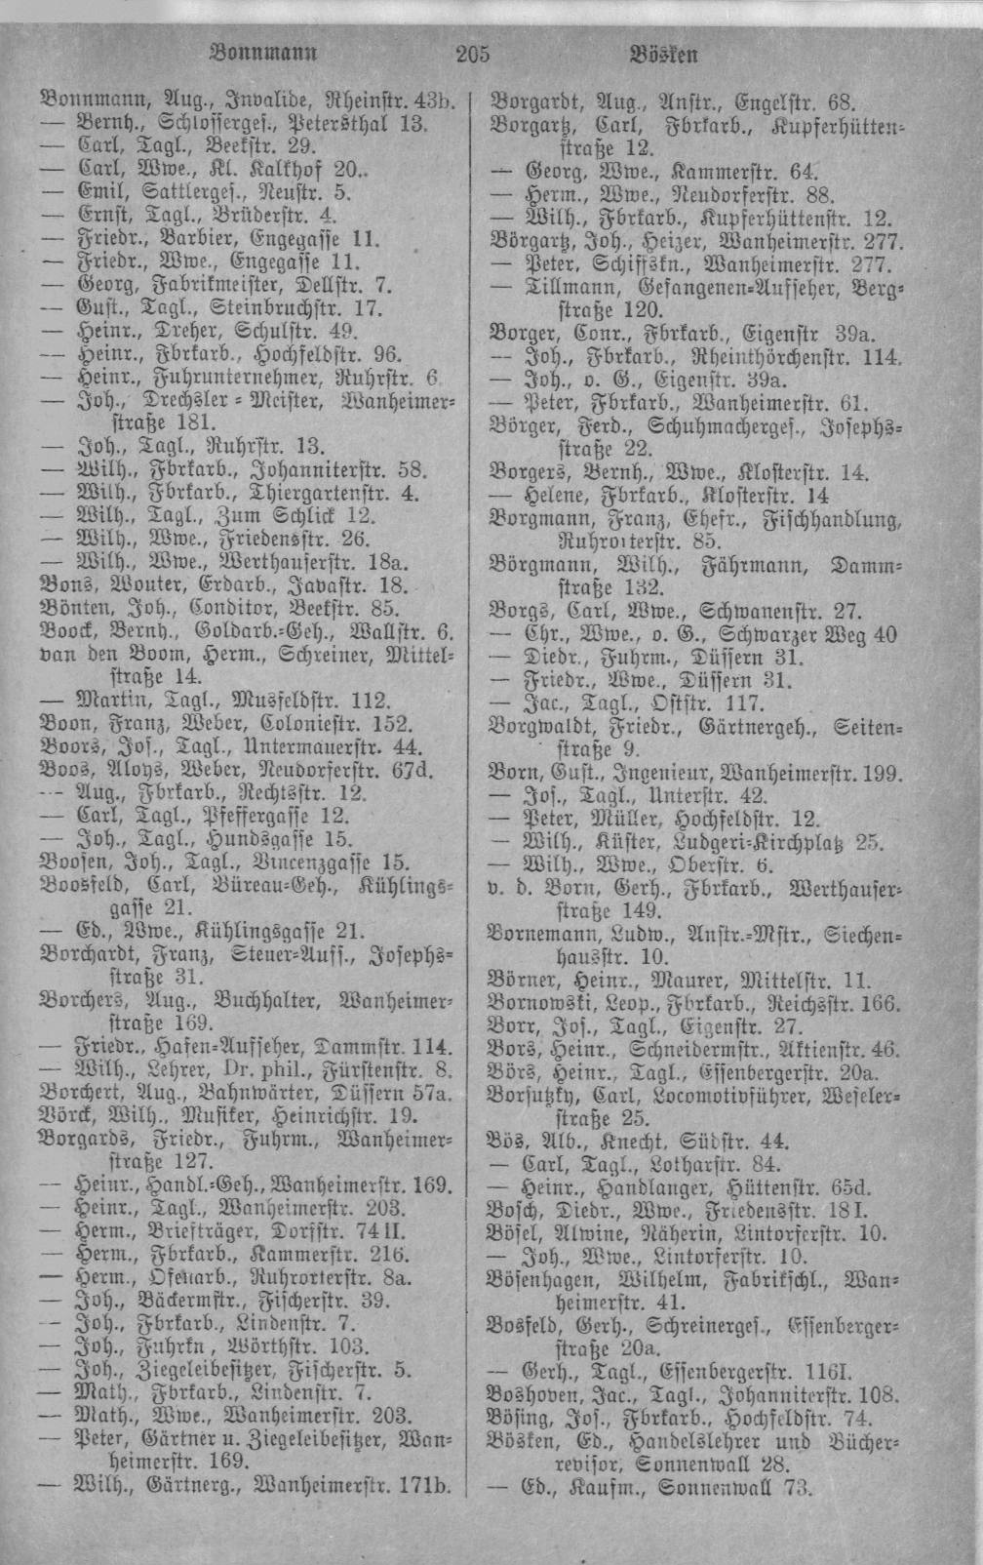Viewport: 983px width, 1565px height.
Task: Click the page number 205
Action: tap(473, 54)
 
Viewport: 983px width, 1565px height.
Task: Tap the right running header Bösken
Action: tap(664, 54)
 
